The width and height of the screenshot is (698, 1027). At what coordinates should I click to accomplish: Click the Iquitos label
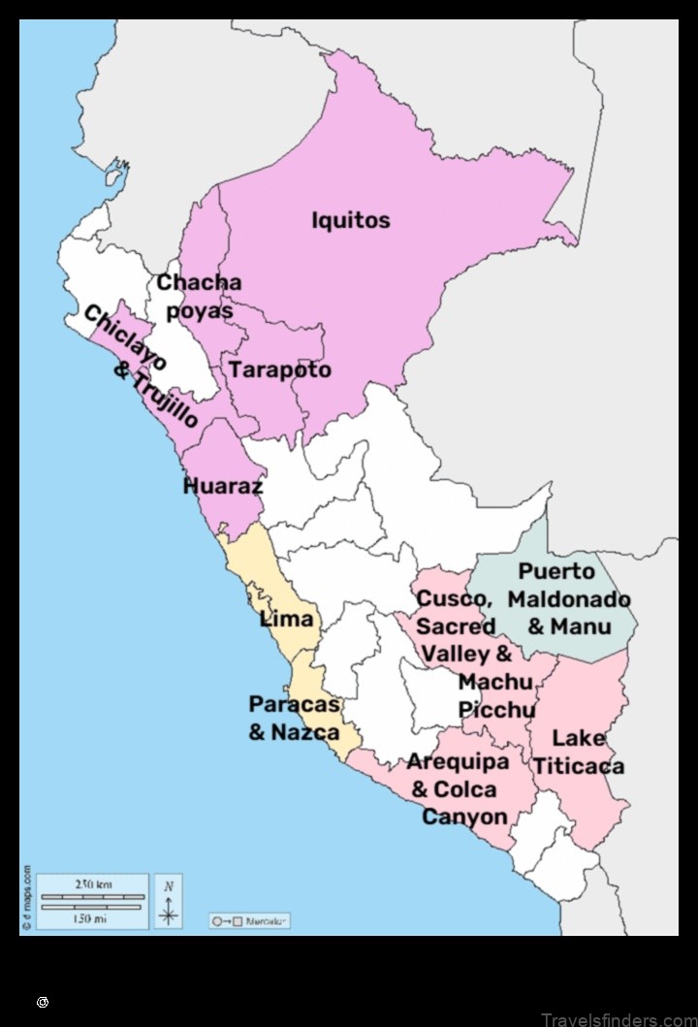pos(350,220)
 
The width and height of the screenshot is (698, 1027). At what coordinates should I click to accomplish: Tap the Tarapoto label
pos(280,369)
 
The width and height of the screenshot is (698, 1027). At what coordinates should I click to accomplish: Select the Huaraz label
pos(223,486)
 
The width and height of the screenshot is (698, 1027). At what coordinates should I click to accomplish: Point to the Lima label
pos(287,619)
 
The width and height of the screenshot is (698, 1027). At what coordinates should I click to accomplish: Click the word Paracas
pos(295,705)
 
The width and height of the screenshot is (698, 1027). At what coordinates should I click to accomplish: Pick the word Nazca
pos(305,732)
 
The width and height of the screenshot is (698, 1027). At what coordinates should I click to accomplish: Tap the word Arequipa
pos(458,762)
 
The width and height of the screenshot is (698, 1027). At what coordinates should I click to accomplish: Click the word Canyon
pos(465,817)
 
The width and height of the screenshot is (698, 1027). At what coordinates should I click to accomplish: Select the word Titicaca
pos(578,766)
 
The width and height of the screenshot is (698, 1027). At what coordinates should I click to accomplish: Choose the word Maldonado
pos(569,599)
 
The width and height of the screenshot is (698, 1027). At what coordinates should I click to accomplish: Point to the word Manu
pos(582,626)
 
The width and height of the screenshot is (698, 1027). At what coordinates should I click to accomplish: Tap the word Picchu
pos(496,710)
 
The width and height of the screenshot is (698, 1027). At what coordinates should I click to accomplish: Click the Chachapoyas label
pos(199,297)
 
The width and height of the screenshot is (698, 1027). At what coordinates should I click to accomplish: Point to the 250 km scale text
pos(92,883)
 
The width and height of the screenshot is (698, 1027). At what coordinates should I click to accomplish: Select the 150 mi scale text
pos(92,918)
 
